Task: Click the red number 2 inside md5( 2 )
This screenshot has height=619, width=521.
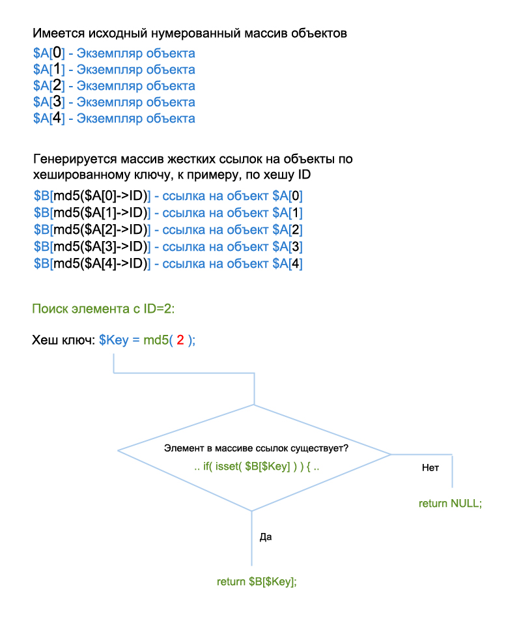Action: tap(180, 341)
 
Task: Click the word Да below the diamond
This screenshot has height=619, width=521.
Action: tap(265, 538)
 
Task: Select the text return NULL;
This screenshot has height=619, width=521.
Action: tap(450, 503)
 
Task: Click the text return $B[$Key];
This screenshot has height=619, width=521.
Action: tap(257, 581)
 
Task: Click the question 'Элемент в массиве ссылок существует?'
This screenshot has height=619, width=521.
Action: tap(256, 449)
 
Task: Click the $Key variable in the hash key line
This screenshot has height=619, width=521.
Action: tap(113, 341)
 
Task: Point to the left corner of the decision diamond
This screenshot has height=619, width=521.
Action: tap(119, 450)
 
